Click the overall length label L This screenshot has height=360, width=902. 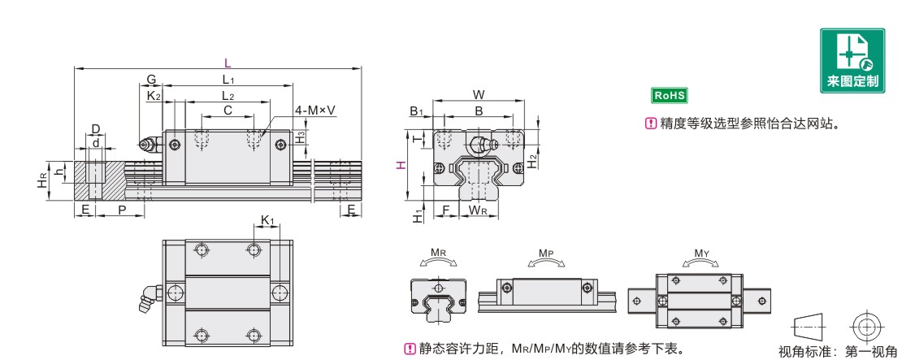[x=228, y=62]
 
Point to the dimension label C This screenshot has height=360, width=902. [x=228, y=110]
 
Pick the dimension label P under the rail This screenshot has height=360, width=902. [x=121, y=210]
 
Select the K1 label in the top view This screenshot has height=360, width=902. [x=267, y=219]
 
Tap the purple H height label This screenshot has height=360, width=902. [x=400, y=164]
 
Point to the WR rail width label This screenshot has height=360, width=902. [x=478, y=211]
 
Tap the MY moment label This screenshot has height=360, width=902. [x=701, y=254]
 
